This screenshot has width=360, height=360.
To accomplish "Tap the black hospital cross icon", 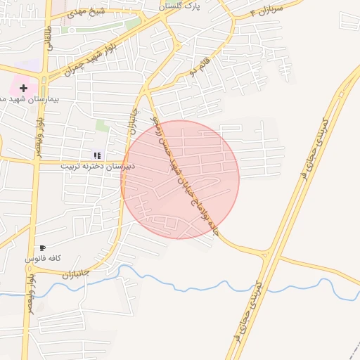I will pyautogui.click(x=24, y=88).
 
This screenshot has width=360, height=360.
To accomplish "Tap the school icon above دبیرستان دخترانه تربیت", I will pyautogui.click(x=97, y=155).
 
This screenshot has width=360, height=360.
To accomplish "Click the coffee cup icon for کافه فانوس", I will pyautogui.click(x=43, y=247).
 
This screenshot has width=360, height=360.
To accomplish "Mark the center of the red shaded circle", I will pyautogui.click(x=180, y=179).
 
